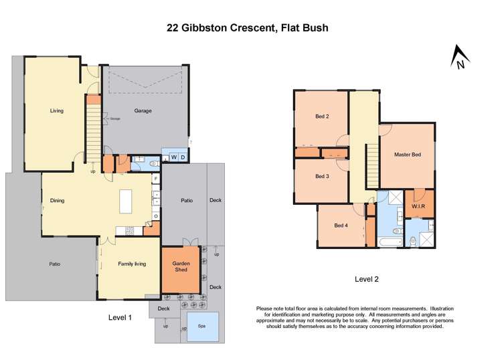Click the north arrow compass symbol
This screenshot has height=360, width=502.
tap(458, 57)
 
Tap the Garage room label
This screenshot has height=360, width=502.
tap(143, 111)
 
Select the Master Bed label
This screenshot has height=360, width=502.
tap(407, 155)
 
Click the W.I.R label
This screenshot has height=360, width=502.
tap(419, 206)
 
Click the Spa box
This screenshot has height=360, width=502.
tap(202, 327)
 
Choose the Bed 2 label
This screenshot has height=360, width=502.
tap(322, 116)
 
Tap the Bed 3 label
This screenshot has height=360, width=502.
tap(322, 177)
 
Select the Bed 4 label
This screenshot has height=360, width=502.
tap(341, 226)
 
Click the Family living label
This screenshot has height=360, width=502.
tap(133, 264)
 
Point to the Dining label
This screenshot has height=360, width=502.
tap(57, 199)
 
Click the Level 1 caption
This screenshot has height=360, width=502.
tap(120, 317)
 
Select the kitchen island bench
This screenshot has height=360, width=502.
tap(125, 201)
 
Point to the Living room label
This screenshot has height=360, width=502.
tap(57, 111)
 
